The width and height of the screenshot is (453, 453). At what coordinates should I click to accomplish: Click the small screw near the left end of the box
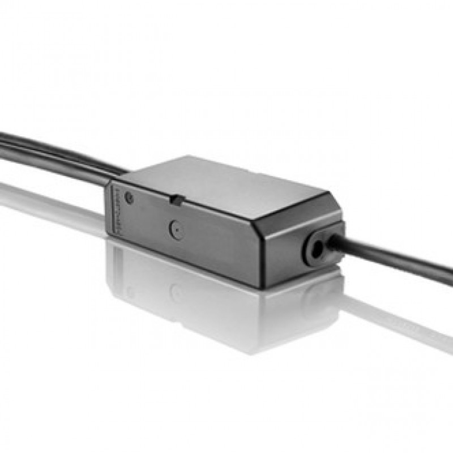pos(130,198)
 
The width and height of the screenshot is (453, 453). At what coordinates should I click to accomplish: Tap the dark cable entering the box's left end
pos(57,150)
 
